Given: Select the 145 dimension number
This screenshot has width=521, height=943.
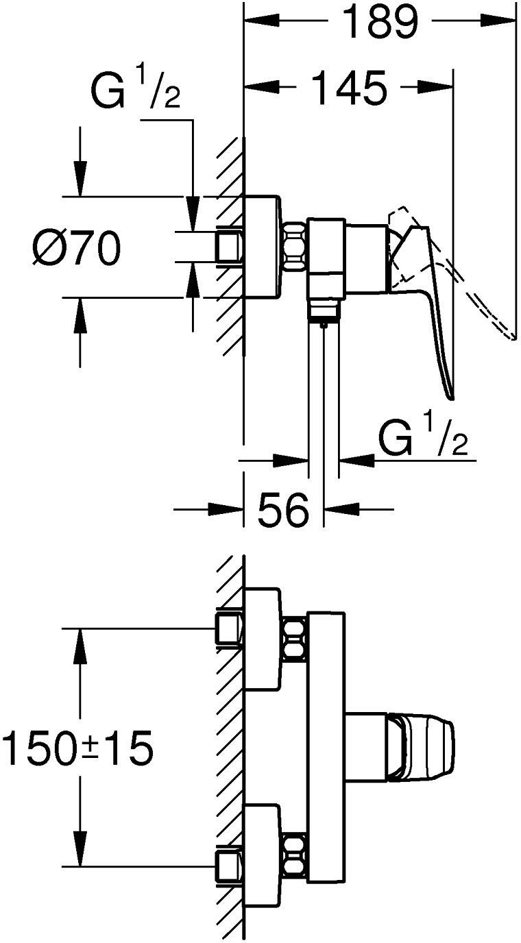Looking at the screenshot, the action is point(348,88).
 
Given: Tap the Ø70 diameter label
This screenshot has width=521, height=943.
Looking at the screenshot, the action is point(76,248).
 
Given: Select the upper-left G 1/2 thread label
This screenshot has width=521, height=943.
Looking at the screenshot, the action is point(136,89).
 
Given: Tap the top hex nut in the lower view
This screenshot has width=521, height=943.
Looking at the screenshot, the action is point(294,638).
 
